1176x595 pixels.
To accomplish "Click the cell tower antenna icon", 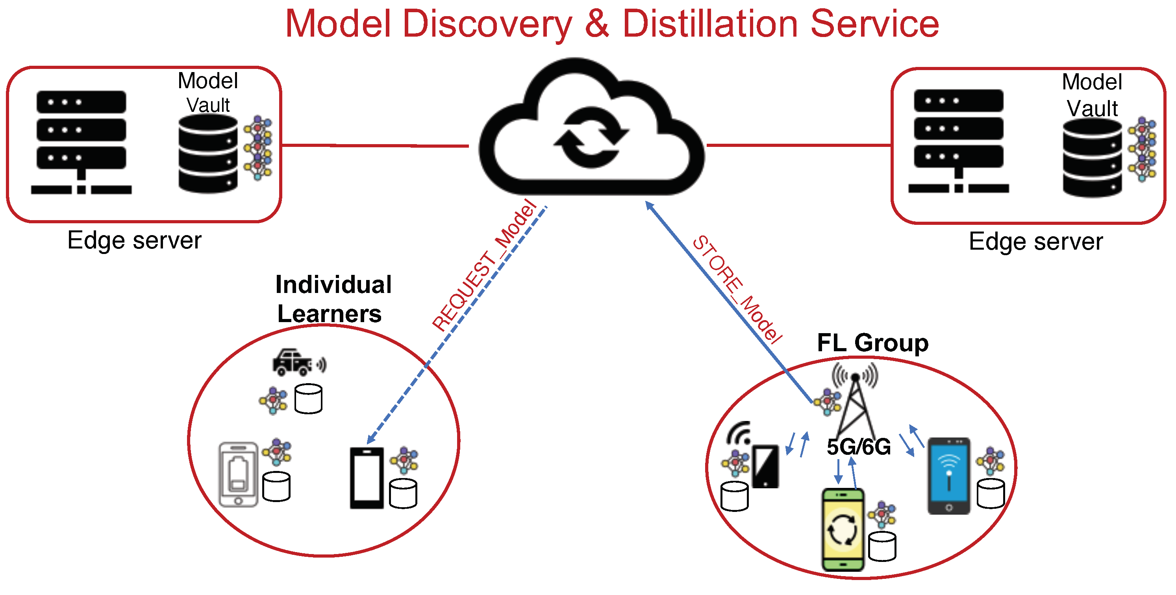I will click(x=856, y=402).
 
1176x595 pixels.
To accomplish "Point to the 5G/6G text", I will click(x=858, y=447).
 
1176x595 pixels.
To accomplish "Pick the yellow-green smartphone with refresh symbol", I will click(x=843, y=530).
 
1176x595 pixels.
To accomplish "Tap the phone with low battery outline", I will click(x=238, y=474).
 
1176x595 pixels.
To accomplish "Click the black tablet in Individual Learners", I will click(x=367, y=478).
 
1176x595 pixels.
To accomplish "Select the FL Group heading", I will click(x=872, y=343).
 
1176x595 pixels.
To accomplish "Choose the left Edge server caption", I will click(x=134, y=240).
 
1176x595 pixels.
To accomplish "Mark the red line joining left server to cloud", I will click(x=374, y=146).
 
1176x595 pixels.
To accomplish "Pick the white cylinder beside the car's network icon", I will click(x=308, y=399).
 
